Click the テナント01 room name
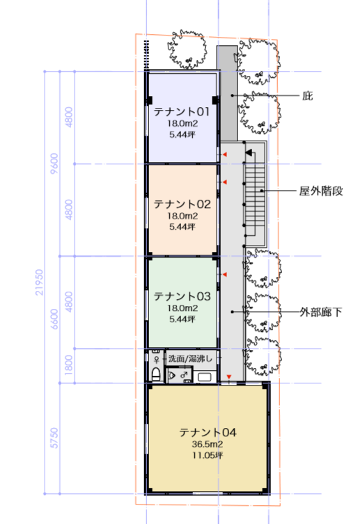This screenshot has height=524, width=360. click(182, 111)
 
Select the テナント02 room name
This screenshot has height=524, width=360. click(182, 204)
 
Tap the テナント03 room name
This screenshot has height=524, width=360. click(182, 296)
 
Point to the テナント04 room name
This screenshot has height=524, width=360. click(208, 432)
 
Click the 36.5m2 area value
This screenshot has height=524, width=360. click(208, 444)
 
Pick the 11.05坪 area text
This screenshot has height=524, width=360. click(208, 455)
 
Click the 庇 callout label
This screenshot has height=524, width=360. click(308, 96)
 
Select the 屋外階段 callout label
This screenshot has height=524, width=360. click(321, 191)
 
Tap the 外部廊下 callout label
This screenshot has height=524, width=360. click(320, 312)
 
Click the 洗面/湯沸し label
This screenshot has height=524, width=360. click(190, 358)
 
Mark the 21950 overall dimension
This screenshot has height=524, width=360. click(40, 283)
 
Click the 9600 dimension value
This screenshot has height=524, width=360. click(54, 164)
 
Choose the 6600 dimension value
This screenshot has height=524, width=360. click(54, 319)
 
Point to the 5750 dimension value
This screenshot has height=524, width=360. click(54, 438)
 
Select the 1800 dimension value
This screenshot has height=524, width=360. click(68, 365)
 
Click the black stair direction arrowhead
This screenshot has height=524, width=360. click(249, 152)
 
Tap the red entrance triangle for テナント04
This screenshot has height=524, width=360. click(229, 377)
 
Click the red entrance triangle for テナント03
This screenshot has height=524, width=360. click(225, 274)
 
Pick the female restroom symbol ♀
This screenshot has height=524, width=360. click(157, 360)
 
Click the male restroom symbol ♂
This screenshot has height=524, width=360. click(184, 374)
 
